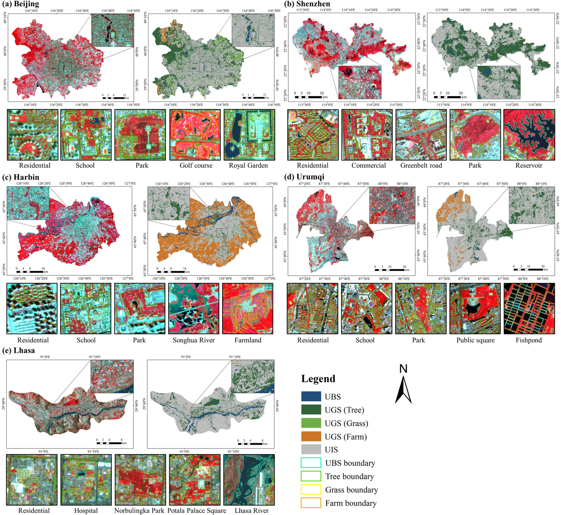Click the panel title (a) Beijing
click(21, 4)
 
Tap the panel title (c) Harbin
click(21, 177)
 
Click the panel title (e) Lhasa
click(19, 350)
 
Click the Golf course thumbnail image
click(195, 135)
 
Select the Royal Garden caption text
click(248, 166)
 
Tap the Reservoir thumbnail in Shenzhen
click(529, 135)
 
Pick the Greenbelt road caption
click(421, 166)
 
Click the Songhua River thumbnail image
click(193, 309)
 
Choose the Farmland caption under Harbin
click(248, 340)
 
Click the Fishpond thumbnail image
click(529, 309)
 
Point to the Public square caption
click(475, 340)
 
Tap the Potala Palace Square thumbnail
click(194, 480)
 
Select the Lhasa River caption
click(251, 511)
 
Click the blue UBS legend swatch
click(311, 397)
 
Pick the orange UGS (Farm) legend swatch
click(311, 437)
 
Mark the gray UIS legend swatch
click(311, 450)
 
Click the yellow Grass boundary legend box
click(311, 490)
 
